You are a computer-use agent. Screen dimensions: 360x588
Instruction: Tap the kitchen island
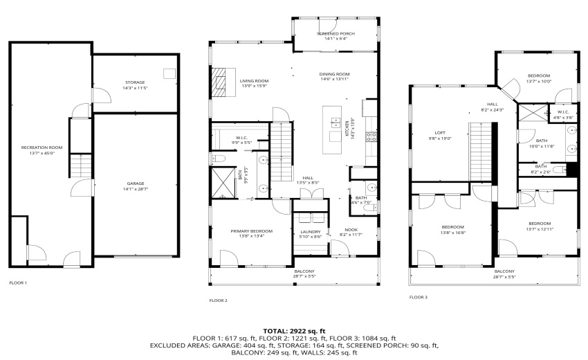(336, 125)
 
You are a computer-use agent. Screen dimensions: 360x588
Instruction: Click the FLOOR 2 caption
(219, 300)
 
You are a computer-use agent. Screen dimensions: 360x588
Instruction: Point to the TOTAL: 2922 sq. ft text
(293, 332)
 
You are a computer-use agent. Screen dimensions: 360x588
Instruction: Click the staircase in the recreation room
(81, 166)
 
